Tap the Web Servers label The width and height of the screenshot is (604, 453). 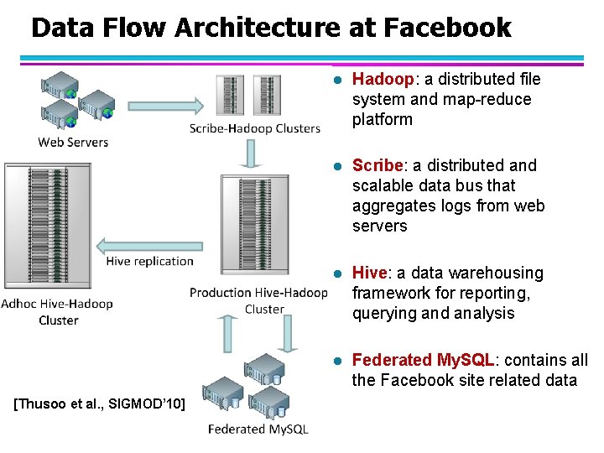point(73,142)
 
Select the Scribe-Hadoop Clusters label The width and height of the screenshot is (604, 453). point(255,128)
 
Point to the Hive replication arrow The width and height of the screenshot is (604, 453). point(150,245)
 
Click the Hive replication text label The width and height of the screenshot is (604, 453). point(149,261)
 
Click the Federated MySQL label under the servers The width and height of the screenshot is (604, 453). point(258,429)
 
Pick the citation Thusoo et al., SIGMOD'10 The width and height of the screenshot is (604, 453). point(101,404)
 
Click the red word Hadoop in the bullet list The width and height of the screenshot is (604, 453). point(383,79)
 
